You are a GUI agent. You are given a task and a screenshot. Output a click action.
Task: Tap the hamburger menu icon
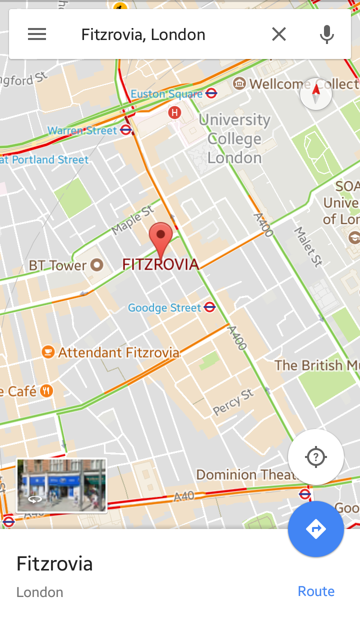coord(37,34)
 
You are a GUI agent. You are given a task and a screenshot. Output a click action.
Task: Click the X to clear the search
coord(279,34)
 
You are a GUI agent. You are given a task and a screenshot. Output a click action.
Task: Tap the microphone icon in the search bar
coord(326,34)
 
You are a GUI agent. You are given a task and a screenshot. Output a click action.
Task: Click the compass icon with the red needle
coord(316,93)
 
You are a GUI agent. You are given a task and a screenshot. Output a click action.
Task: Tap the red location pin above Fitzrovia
coord(161,239)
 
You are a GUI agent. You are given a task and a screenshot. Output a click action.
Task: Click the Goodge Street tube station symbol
coord(210,307)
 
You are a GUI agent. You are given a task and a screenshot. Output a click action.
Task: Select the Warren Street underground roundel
coord(126,130)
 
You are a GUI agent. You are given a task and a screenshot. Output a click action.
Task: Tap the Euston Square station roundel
coord(211,93)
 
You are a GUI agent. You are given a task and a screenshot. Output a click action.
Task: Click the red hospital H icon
coord(174,112)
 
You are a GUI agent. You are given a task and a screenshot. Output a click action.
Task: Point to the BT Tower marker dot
coord(96,265)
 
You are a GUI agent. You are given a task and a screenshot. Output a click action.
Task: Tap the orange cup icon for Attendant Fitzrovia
coord(48,352)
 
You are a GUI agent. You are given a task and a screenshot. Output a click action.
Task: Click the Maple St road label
coord(133,220)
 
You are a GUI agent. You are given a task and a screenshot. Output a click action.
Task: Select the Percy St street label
coord(233,402)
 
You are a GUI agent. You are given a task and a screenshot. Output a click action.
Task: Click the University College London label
coord(234,138)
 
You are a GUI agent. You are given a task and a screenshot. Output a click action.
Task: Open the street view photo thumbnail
coord(61,485)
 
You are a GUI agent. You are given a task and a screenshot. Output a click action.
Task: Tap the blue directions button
coord(316,529)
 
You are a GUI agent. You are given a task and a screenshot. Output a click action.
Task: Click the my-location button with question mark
coord(316,457)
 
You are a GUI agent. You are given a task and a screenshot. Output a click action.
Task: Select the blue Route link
coord(316,591)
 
